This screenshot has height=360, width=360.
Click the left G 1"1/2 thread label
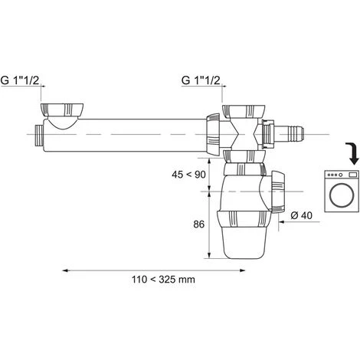pos(20,80)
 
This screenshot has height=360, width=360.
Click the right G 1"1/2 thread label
pos(201,80)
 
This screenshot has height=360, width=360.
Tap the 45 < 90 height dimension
pos(188,175)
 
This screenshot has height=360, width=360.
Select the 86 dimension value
pos(198,224)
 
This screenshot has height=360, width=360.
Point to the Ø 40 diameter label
pos(301,215)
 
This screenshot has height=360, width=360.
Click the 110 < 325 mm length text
pos(163,280)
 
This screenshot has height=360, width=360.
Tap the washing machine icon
pos(342,191)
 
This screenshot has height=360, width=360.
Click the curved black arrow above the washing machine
pos(352,153)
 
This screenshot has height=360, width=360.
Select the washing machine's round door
pos(342,195)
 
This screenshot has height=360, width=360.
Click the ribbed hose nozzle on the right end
pos(296,134)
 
